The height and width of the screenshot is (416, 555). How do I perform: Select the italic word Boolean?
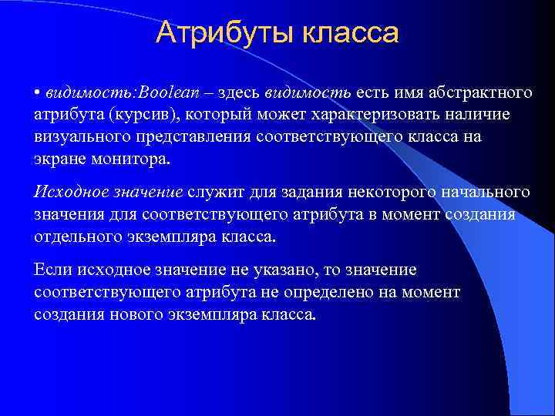pos(168,93)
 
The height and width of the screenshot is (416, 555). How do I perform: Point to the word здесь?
pos(238,93)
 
